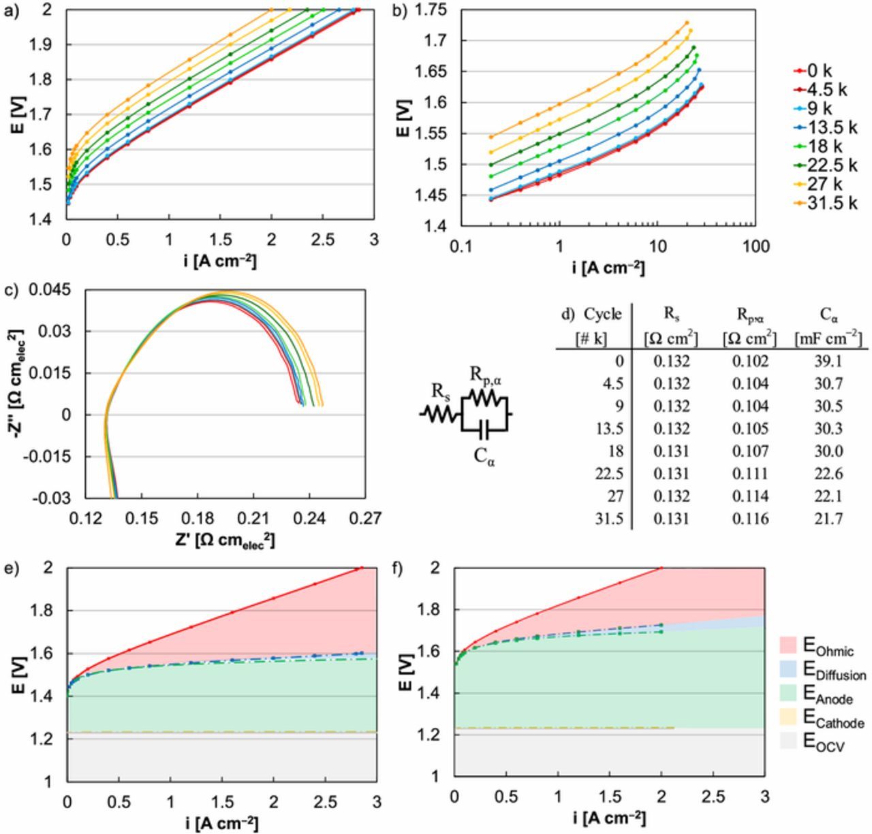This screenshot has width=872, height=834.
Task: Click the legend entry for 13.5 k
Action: (826, 127)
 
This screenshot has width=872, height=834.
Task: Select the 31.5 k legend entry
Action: (826, 203)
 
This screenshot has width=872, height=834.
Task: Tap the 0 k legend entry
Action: (817, 71)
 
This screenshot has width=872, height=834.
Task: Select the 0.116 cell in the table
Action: (750, 519)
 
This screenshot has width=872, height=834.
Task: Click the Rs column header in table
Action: (671, 314)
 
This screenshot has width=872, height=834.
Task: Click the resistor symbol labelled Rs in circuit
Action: (441, 413)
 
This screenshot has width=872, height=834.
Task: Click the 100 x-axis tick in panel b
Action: (756, 246)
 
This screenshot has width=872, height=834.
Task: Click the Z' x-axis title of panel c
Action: (225, 540)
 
